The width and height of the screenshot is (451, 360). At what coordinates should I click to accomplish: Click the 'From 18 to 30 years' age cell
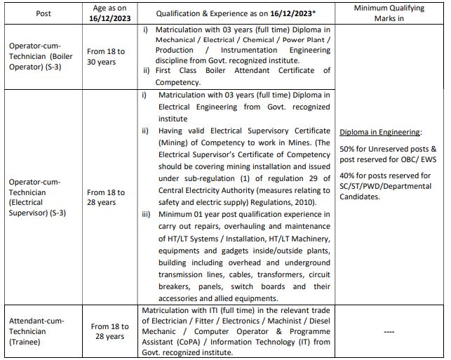tap(106, 55)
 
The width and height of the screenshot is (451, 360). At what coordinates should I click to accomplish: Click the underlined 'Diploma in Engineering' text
tap(379, 132)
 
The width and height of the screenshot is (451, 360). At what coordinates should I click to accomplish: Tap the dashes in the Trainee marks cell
tap(390, 332)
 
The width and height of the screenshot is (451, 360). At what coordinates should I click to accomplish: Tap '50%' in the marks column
tap(348, 149)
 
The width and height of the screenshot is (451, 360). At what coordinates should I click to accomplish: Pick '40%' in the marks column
tap(348, 175)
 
